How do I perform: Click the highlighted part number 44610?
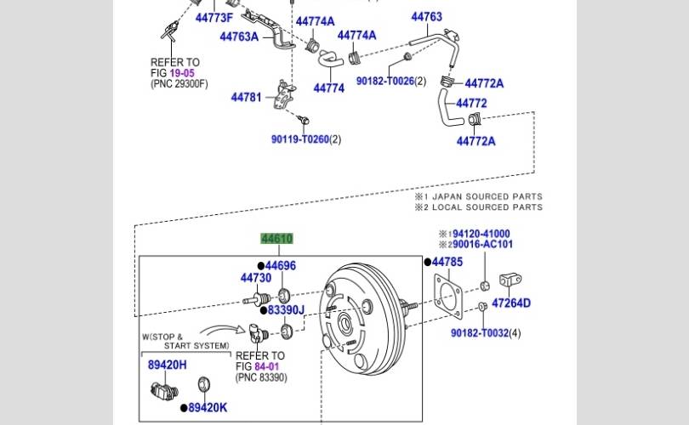pos(276,240)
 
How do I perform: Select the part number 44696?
pos(280,266)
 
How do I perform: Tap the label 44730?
pos(255,278)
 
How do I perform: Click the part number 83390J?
pos(286,310)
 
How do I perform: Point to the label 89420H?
pos(167,365)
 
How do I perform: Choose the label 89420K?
pos(208,407)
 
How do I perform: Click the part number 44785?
pos(447,262)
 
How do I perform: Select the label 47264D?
pos(511,303)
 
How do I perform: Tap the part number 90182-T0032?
pos(480,332)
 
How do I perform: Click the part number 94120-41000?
pos(481,234)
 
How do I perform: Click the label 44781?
pos(246,98)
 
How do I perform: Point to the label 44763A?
pos(239,37)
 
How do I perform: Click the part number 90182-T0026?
pos(384,81)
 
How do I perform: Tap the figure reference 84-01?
pos(267,366)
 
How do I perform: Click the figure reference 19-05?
pos(182,73)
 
